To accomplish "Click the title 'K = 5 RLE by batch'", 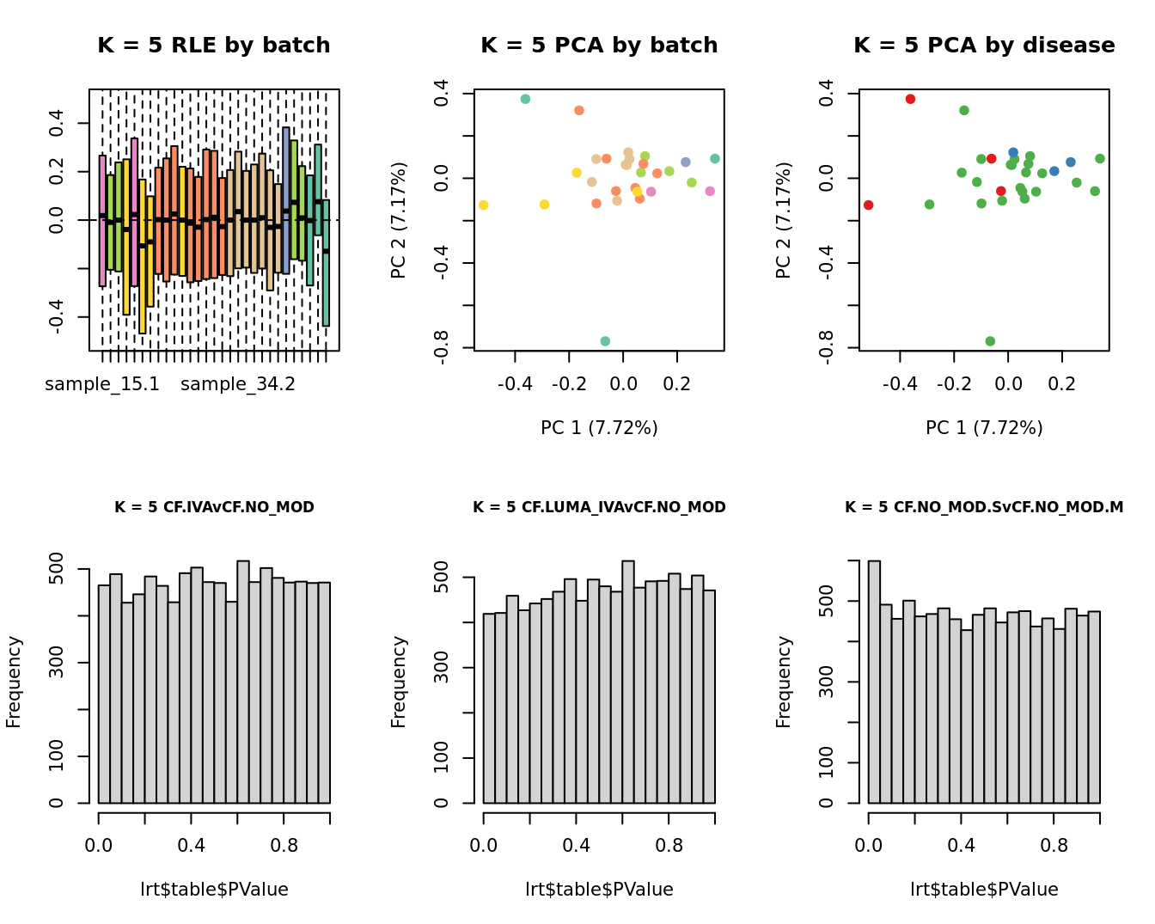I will [213, 46].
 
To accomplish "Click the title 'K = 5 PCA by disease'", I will [984, 46].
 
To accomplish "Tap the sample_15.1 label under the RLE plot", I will [102, 384].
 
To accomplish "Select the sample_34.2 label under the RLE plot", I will [238, 384].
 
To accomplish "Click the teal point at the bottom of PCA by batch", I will [605, 341].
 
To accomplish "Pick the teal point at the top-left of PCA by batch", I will [525, 99].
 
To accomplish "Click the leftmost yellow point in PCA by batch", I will [484, 205].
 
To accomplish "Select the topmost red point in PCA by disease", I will [910, 99].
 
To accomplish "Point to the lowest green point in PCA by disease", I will [990, 341].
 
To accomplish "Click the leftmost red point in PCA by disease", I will [869, 205].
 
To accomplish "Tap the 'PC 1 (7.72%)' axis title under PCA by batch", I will [599, 428].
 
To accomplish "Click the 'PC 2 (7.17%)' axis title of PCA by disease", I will [783, 220].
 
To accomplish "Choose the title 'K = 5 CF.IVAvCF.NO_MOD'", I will [214, 507].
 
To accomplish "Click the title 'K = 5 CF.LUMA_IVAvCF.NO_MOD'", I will [599, 507].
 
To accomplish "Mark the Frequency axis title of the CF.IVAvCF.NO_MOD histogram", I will [14, 682].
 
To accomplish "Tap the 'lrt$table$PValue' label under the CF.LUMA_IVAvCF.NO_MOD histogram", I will [599, 890].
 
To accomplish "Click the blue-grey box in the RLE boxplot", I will [285, 200].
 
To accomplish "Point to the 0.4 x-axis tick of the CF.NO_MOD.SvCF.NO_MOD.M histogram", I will [961, 845].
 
